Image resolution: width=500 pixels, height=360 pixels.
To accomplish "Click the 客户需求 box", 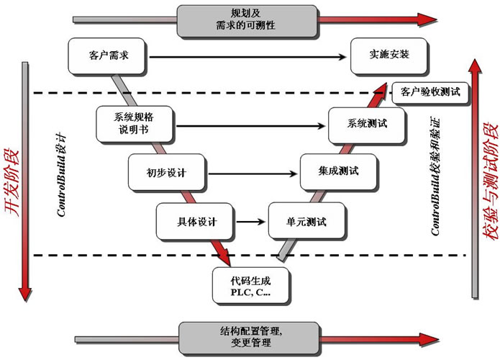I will pos(108,56).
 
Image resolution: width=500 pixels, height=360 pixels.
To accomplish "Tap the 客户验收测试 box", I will pos(430,92).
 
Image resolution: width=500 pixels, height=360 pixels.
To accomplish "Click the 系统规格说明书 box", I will pos(134,124).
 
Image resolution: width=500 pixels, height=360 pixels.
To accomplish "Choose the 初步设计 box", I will pos(167,172).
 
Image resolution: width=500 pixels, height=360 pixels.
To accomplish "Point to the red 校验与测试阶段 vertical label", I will pos(491,180).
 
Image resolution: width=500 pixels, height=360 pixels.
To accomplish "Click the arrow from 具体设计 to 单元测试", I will pos(249,222).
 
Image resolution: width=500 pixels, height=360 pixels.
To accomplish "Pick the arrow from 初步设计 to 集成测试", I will pos(252,173).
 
